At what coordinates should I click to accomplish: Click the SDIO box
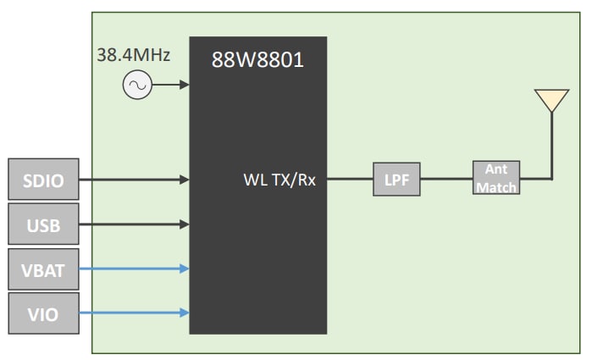pyautogui.click(x=43, y=179)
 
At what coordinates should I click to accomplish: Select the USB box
pyautogui.click(x=43, y=224)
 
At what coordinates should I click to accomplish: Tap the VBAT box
pyautogui.click(x=43, y=269)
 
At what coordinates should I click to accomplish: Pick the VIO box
pyautogui.click(x=43, y=314)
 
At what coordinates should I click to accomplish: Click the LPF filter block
pyautogui.click(x=396, y=180)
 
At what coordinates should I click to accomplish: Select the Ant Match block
pyautogui.click(x=496, y=179)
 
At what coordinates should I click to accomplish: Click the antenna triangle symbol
pyautogui.click(x=551, y=100)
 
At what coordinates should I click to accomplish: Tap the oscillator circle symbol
pyautogui.click(x=137, y=85)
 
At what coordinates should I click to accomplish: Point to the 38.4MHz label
pyautogui.click(x=134, y=56)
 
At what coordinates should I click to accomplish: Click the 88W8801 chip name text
pyautogui.click(x=257, y=60)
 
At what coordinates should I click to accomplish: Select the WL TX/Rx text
pyautogui.click(x=279, y=180)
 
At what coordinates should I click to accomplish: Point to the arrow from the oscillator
pyautogui.click(x=170, y=85)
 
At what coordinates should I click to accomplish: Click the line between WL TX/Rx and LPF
pyautogui.click(x=350, y=180)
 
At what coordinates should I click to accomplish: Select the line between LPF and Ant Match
pyautogui.click(x=446, y=180)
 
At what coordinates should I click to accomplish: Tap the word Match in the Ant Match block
pyautogui.click(x=496, y=187)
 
